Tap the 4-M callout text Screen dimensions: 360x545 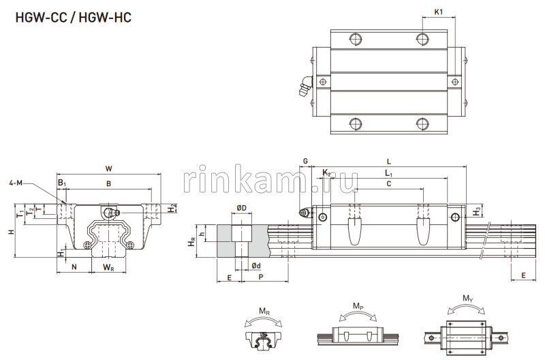(17, 183)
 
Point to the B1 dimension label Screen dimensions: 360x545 (62, 183)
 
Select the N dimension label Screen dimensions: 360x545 (74, 266)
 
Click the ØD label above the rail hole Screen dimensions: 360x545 (241, 207)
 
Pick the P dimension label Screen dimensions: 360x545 (261, 277)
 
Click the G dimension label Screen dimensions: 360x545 (305, 161)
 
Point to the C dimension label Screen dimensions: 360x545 (388, 184)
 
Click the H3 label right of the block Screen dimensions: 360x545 (475, 213)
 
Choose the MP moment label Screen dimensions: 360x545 (358, 306)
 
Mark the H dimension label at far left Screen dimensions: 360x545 (10, 232)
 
